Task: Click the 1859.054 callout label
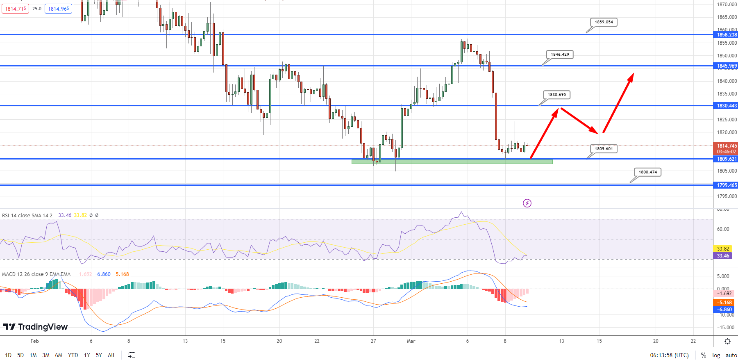[604, 22]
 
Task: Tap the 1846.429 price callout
[560, 55]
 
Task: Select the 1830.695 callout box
[556, 95]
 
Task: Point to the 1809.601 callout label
[604, 149]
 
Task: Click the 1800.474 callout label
[647, 172]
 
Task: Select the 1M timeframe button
[33, 355]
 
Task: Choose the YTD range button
[73, 355]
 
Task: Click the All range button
[111, 355]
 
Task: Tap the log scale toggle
[716, 355]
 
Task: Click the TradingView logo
[35, 327]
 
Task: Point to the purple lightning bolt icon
[527, 203]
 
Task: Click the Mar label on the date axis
[411, 341]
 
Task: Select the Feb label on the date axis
[35, 341]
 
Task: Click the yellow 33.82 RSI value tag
[723, 249]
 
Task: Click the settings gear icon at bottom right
[727, 342]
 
